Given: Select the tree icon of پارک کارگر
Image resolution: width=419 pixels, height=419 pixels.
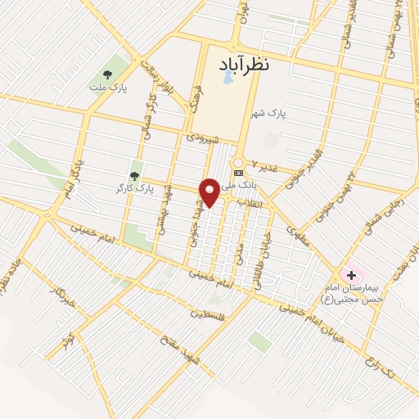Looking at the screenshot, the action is coord(134,176).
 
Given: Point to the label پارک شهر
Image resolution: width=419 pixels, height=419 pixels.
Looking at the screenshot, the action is coord(292,115).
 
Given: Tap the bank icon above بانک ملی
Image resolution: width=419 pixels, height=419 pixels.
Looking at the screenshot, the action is coord(238,173).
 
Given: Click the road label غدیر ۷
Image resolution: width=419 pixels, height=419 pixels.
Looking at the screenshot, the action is coord(266,167).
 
